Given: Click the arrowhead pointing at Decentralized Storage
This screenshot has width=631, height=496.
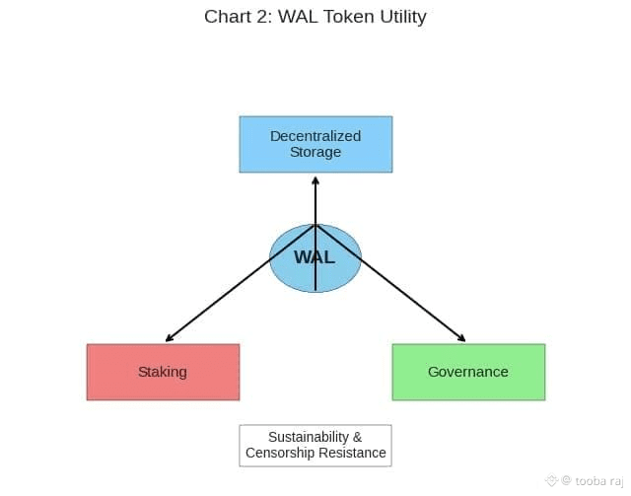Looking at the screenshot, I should pyautogui.click(x=315, y=180).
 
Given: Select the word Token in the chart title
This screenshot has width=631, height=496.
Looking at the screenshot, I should pyautogui.click(x=338, y=17).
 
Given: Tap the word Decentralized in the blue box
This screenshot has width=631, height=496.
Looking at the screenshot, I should pyautogui.click(x=315, y=136).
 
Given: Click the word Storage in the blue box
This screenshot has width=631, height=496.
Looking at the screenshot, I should pyautogui.click(x=315, y=152).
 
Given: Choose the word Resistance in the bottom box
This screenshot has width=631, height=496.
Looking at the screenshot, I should pyautogui.click(x=353, y=454).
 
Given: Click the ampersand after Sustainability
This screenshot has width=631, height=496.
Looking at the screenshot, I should pyautogui.click(x=357, y=437).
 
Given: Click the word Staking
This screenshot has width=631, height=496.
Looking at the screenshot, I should pyautogui.click(x=163, y=372).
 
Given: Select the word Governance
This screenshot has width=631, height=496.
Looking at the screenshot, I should pyautogui.click(x=468, y=372).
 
